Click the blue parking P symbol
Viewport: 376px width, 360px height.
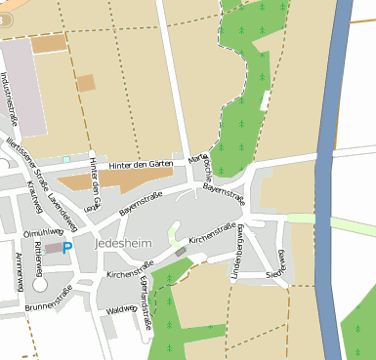(x=66, y=248)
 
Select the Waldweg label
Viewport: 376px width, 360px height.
(x=121, y=309)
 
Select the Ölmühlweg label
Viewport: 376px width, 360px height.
(x=43, y=231)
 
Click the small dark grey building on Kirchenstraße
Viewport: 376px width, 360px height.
(x=181, y=253)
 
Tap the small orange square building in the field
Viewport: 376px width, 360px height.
(x=86, y=83)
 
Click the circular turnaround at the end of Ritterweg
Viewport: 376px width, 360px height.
(x=39, y=285)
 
